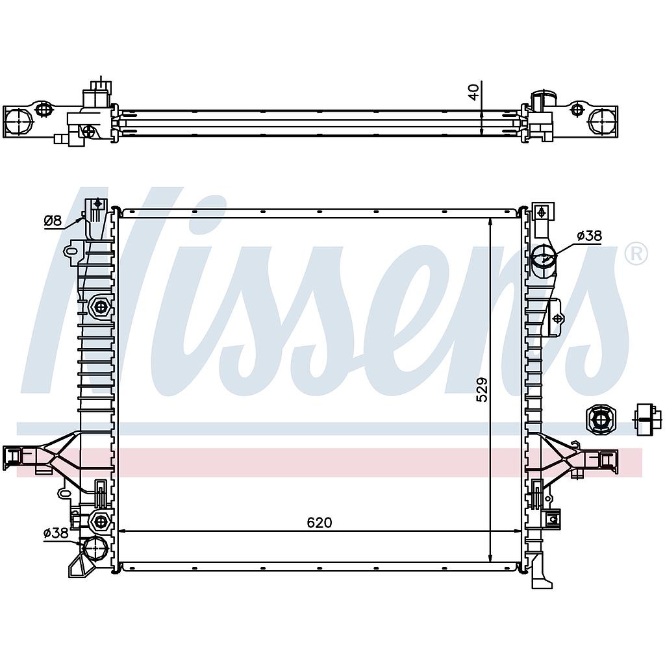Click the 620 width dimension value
[x=320, y=523]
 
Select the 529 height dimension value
[x=483, y=390]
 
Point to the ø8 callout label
[x=53, y=220]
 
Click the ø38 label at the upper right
[x=590, y=236]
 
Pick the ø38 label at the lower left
[x=56, y=533]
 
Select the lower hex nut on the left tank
[x=101, y=520]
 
